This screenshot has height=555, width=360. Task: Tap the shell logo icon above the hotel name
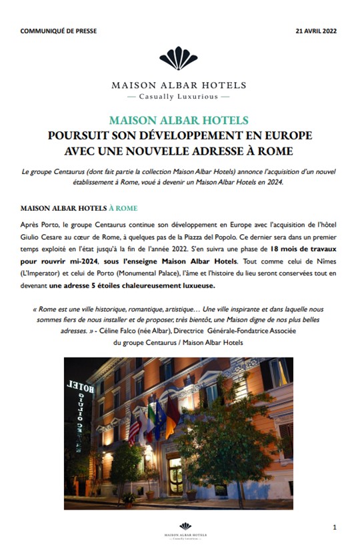[x=179, y=58]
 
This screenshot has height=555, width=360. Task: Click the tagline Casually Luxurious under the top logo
[x=179, y=96]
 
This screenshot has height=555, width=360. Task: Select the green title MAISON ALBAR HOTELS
[x=179, y=121]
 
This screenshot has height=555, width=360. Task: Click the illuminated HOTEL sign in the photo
[x=80, y=385]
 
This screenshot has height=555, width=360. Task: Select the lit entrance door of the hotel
[x=175, y=474]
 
